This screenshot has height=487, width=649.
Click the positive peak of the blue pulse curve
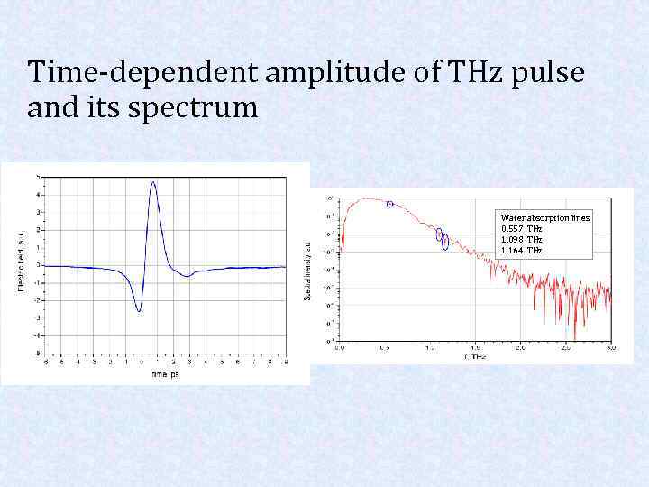153,183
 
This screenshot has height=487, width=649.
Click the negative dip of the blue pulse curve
139,311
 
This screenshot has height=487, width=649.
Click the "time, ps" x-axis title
165,372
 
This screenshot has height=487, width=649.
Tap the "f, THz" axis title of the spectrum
475,357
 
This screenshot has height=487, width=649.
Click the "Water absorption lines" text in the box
545,218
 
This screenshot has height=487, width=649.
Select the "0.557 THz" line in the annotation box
522,229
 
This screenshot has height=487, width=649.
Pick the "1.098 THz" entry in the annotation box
522,240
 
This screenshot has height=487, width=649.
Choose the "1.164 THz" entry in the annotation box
522,250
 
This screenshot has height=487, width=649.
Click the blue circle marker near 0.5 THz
389,204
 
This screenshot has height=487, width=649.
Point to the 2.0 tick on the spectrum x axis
520,347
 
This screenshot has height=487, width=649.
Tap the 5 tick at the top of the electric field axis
37,176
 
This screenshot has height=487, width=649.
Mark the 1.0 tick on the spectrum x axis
430,347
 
